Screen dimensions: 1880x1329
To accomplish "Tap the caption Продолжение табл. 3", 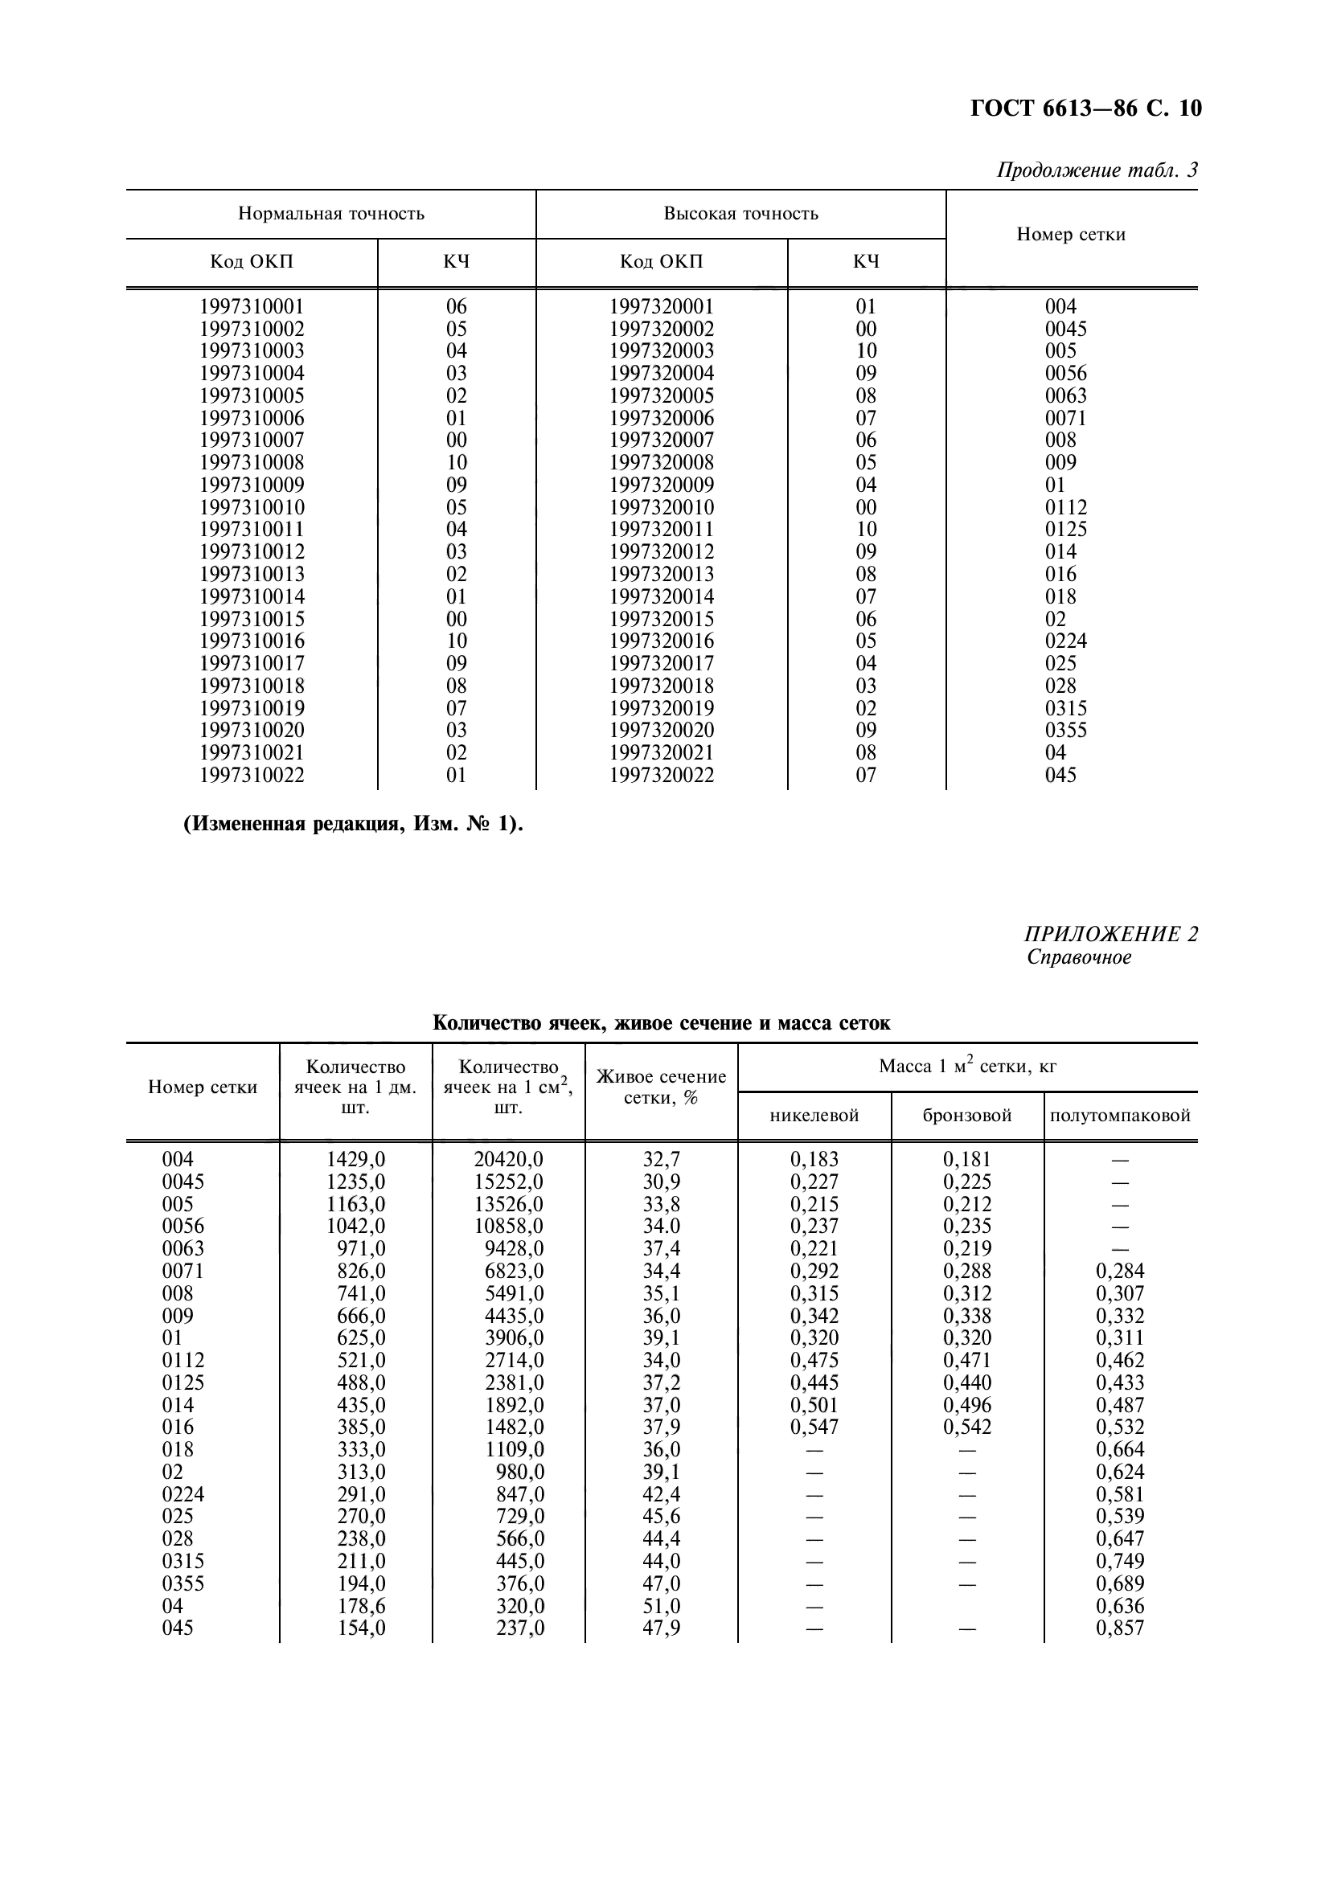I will pyautogui.click(x=1097, y=170).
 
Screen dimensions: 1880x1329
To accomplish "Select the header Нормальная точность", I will pyautogui.click(x=330, y=214).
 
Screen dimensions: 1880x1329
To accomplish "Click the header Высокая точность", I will pyautogui.click(x=740, y=214).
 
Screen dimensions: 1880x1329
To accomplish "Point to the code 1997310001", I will pyautogui.click(x=252, y=307).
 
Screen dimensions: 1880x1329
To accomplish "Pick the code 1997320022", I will pyautogui.click(x=661, y=776).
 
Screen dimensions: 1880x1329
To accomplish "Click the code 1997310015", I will pyautogui.click(x=252, y=619).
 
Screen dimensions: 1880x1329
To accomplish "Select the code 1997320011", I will pyautogui.click(x=661, y=530).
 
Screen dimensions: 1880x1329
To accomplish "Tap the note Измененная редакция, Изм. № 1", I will pyautogui.click(x=353, y=824).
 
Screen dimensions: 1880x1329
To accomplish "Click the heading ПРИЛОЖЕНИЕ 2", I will pyautogui.click(x=1110, y=934).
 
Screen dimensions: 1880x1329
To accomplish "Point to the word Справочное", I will pyautogui.click(x=1078, y=957).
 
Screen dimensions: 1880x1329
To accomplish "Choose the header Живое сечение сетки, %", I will pyautogui.click(x=661, y=1087).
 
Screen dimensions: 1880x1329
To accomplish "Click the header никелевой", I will pyautogui.click(x=814, y=1116).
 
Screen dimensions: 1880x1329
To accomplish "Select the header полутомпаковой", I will pyautogui.click(x=1119, y=1116).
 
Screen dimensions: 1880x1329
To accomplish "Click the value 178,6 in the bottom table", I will pyautogui.click(x=361, y=1607).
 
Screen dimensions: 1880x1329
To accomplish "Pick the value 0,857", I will pyautogui.click(x=1119, y=1628).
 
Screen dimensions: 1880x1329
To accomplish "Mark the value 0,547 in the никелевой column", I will pyautogui.click(x=814, y=1427).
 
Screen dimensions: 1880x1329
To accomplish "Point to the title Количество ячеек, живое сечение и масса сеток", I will pyautogui.click(x=661, y=1022).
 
